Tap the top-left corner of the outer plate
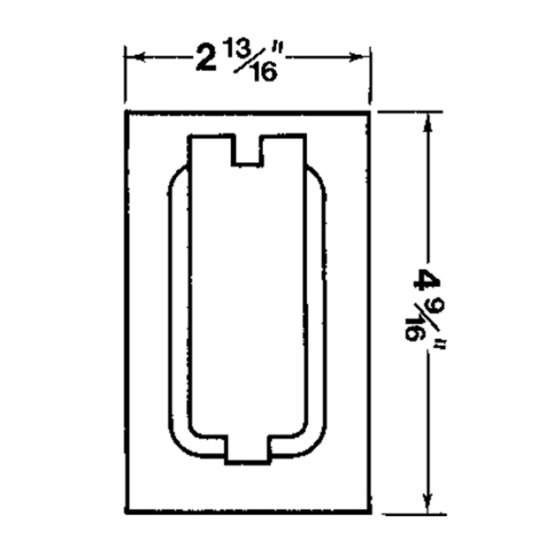[127, 112]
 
